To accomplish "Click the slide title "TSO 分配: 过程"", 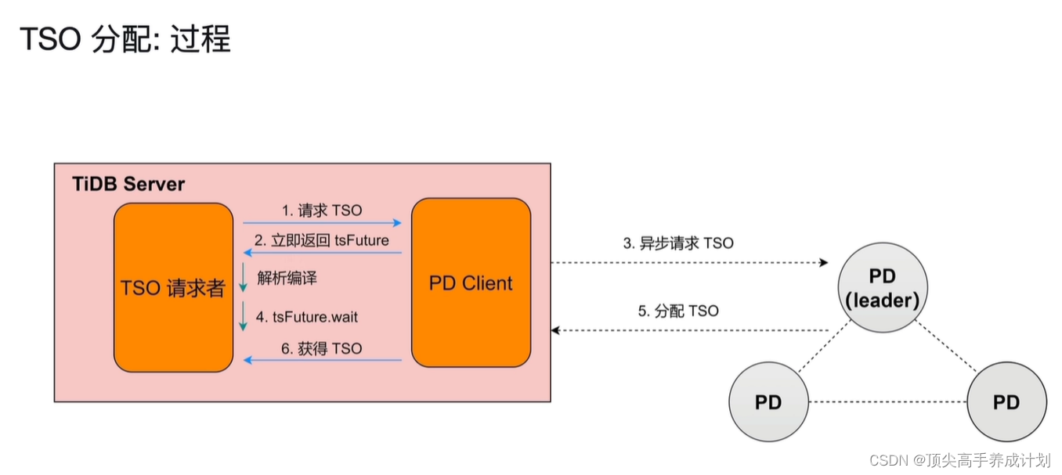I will pos(125,39).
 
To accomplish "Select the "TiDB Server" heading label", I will pos(128,185).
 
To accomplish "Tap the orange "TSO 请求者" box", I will pos(173,287).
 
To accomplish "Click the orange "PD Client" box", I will pos(471,282).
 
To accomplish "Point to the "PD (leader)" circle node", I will pos(883,288).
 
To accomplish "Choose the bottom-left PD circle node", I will pos(768,402).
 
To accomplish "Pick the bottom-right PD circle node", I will pos(1006,402).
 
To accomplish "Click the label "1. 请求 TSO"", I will pos(322,211).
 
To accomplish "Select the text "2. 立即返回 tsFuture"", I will pos(321,240).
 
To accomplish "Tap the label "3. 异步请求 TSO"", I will pos(678,243).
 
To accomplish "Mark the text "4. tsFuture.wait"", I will pos(307,317).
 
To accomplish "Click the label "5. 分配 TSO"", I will pos(678,311).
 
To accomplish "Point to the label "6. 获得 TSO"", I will pos(322,348).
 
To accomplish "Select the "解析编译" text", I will pos(287,278).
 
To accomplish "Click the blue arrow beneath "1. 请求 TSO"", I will pos(322,223).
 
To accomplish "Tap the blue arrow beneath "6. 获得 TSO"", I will pos(322,360).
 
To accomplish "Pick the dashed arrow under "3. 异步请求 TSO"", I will pos(689,262).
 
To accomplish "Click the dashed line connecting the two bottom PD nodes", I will pos(887,402).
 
